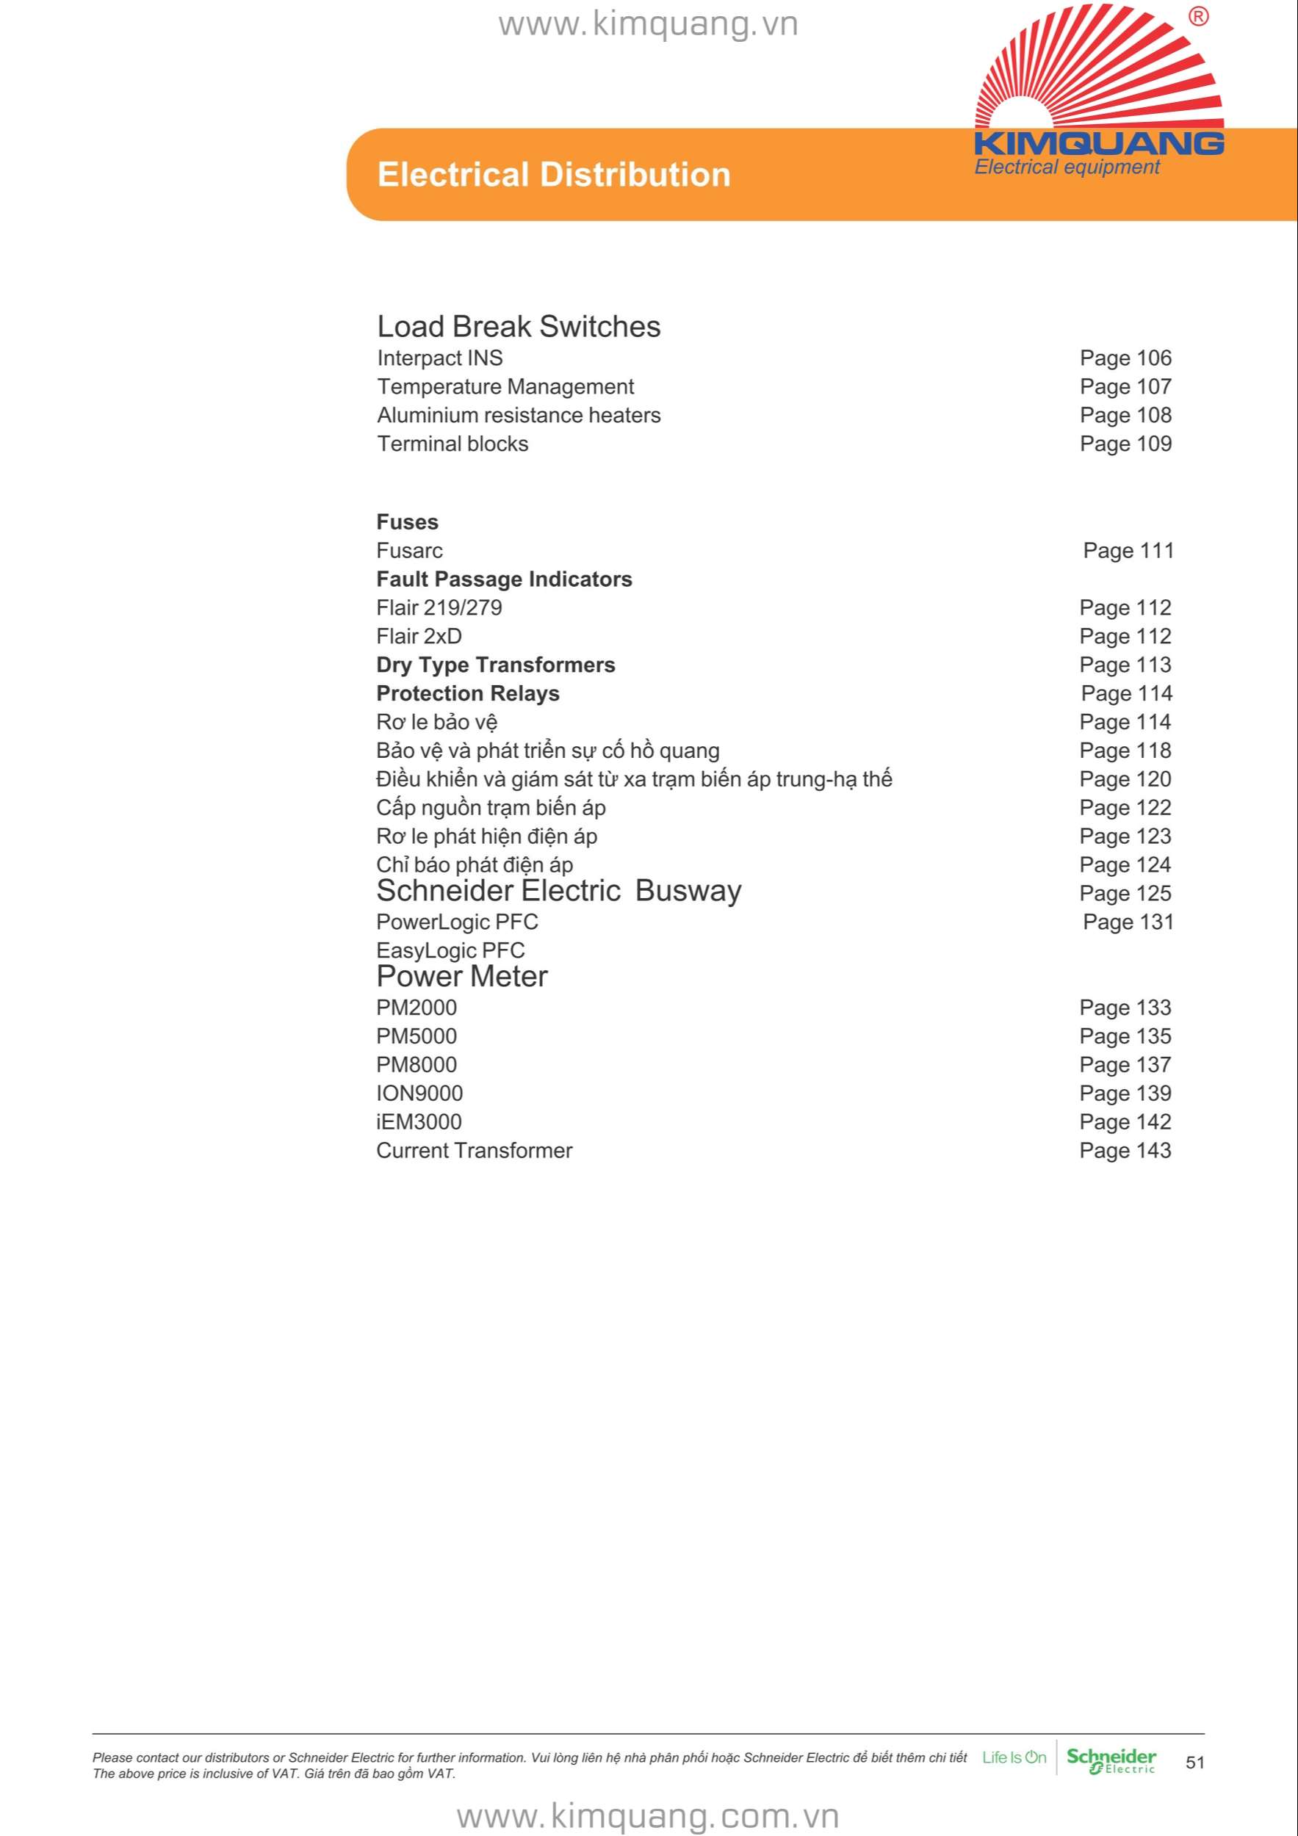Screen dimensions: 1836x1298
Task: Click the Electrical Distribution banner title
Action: pyautogui.click(x=553, y=175)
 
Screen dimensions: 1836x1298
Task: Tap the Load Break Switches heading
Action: pyautogui.click(x=518, y=327)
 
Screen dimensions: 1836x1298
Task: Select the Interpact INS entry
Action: pyautogui.click(x=440, y=358)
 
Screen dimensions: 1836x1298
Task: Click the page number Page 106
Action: pyautogui.click(x=1125, y=358)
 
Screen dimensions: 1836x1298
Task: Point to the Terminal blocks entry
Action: pyautogui.click(x=453, y=444)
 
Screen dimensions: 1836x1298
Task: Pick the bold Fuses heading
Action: pyautogui.click(x=407, y=522)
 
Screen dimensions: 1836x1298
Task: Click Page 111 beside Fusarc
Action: pyautogui.click(x=1128, y=551)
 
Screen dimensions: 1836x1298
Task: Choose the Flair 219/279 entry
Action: pyautogui.click(x=439, y=608)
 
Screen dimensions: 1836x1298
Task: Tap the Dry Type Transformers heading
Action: pyautogui.click(x=496, y=665)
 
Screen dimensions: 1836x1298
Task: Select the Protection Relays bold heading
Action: pyautogui.click(x=468, y=693)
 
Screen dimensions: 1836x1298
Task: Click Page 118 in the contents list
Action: pyautogui.click(x=1125, y=751)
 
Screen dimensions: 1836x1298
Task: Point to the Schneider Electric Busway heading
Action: pyautogui.click(x=558, y=891)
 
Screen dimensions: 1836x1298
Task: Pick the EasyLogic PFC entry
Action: pyautogui.click(x=450, y=951)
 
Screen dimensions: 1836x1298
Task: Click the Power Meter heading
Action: pyautogui.click(x=461, y=976)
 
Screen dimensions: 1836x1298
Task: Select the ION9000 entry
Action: pyautogui.click(x=419, y=1093)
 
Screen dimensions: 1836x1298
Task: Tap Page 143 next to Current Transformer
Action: pyautogui.click(x=1125, y=1151)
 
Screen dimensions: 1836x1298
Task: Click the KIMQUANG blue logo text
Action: pyautogui.click(x=1099, y=144)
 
